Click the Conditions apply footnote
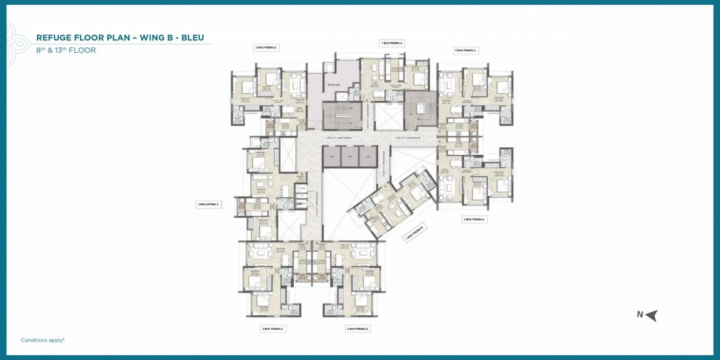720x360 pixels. point(43,340)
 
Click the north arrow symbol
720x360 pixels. point(652,315)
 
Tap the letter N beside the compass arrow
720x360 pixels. point(640,315)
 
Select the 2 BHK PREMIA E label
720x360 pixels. point(266,47)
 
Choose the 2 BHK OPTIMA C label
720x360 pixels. point(208,204)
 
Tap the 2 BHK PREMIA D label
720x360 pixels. point(358,328)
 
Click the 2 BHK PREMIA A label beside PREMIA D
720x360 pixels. point(273,328)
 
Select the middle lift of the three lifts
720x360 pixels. point(350,156)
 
